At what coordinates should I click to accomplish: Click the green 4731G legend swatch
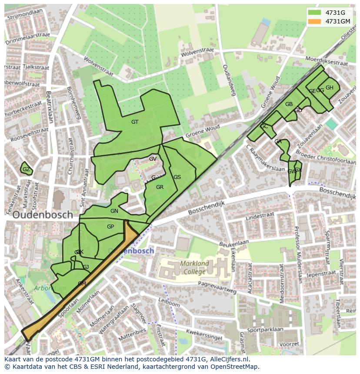(x=314, y=13)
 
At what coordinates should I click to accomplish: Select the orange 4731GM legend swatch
(x=314, y=21)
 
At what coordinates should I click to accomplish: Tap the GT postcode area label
(x=135, y=122)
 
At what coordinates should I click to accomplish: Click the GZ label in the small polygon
(x=26, y=169)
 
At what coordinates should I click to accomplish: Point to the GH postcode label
(x=330, y=88)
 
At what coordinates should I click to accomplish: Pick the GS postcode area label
(x=177, y=177)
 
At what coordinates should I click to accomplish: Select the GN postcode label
(x=114, y=211)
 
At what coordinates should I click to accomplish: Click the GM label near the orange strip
(x=82, y=284)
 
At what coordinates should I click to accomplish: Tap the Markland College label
(x=195, y=268)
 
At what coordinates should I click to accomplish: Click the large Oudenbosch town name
(x=43, y=215)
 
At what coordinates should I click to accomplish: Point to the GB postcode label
(x=289, y=104)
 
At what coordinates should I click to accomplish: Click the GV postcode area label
(x=153, y=159)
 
